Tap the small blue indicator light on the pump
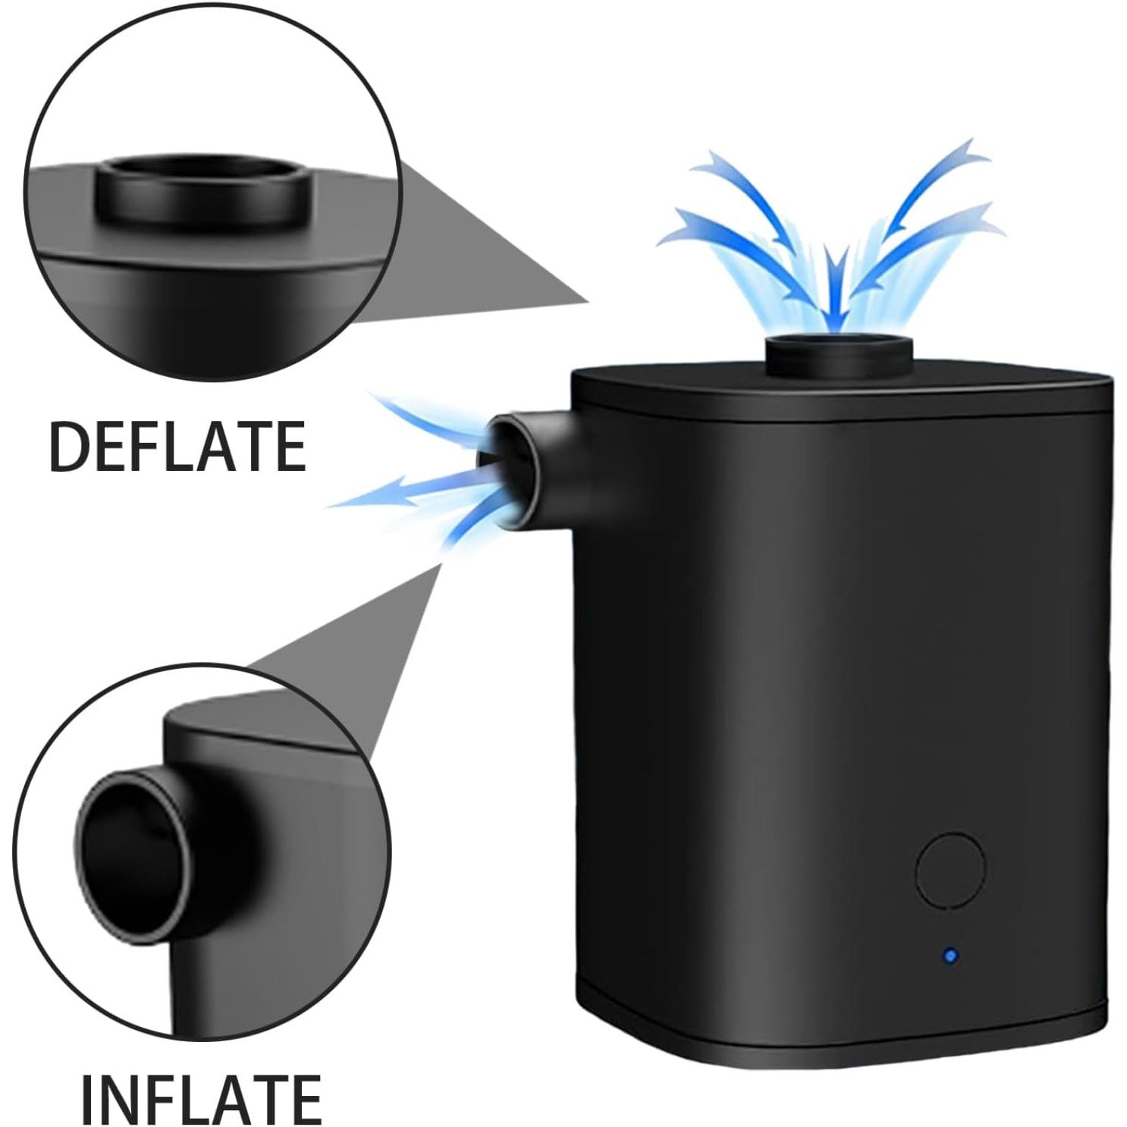tap(949, 956)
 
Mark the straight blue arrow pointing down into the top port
tap(836, 292)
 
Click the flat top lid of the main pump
tap(842, 391)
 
